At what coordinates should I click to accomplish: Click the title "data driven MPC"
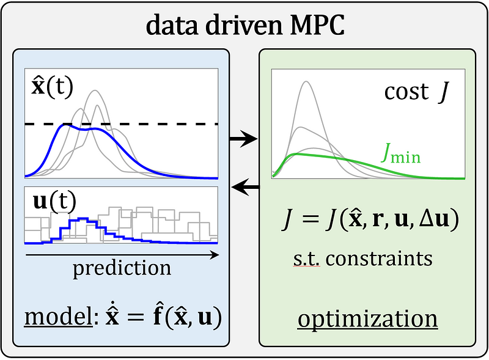click(x=244, y=26)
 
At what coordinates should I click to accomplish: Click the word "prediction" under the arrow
click(x=122, y=268)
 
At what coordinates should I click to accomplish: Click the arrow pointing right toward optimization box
click(x=243, y=140)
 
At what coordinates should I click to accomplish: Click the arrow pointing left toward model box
click(x=243, y=186)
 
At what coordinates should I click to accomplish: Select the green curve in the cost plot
click(x=342, y=160)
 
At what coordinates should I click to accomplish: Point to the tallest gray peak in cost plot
click(x=303, y=86)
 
